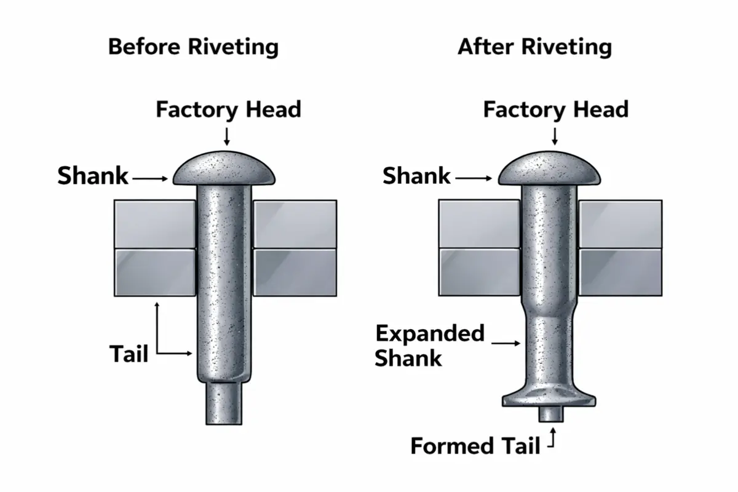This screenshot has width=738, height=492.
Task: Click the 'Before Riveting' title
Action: tap(193, 47)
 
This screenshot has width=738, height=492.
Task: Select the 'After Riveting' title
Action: tap(534, 47)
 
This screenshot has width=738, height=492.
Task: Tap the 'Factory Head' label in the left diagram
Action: tap(228, 110)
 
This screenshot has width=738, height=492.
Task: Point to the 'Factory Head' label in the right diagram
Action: tap(555, 110)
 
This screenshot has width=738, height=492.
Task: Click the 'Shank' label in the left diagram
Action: tap(93, 177)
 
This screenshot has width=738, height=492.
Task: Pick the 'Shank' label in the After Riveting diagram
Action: tap(416, 177)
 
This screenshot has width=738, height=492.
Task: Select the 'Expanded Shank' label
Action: tap(429, 346)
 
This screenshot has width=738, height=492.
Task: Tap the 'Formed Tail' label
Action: tap(475, 445)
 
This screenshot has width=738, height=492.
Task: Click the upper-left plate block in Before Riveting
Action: tap(154, 224)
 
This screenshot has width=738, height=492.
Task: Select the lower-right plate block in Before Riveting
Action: tap(295, 271)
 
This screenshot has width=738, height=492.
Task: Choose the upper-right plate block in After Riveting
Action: tap(620, 224)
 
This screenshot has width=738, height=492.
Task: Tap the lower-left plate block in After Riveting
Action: tap(479, 271)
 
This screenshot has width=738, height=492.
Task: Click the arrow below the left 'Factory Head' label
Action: tap(228, 135)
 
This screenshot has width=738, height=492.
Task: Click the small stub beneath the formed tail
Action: tap(551, 415)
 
